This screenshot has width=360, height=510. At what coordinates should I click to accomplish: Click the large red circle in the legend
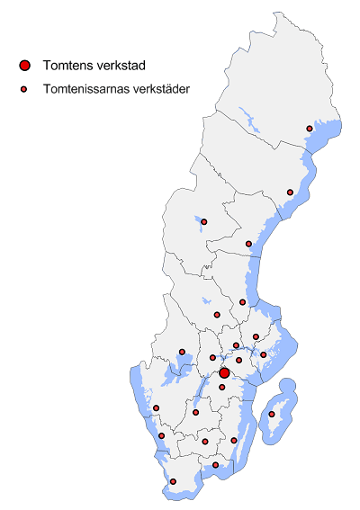[x=25, y=65]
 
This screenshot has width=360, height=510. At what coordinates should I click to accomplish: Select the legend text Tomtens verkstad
[x=94, y=65]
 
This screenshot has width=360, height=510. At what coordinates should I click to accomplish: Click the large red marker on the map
[x=224, y=372]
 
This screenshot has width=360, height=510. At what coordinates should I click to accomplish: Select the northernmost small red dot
[x=310, y=129]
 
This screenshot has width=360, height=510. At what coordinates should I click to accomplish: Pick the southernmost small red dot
[x=173, y=482]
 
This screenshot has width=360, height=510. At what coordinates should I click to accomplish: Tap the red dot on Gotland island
[x=272, y=415]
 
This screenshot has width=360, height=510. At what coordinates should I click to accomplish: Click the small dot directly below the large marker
[x=222, y=388]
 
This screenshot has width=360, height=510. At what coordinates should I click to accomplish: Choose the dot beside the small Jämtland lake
[x=204, y=221]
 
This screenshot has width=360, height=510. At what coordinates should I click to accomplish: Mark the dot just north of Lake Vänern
[x=182, y=352]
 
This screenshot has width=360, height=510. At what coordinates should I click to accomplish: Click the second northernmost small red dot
[x=290, y=192]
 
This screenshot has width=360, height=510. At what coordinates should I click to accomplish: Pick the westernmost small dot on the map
[x=156, y=408]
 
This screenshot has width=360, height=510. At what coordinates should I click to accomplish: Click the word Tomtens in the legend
[x=66, y=65]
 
